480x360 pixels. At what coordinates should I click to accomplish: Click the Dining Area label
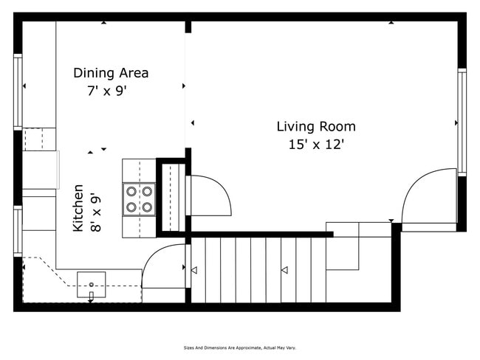pyautogui.click(x=111, y=73)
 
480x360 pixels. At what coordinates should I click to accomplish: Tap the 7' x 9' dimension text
pyautogui.click(x=108, y=91)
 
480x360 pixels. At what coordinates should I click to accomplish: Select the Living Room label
pyautogui.click(x=316, y=127)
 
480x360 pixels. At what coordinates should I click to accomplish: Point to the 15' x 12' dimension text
pyautogui.click(x=316, y=145)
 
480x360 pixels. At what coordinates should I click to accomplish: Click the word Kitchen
pyautogui.click(x=78, y=209)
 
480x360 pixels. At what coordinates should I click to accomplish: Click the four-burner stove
pyautogui.click(x=139, y=198)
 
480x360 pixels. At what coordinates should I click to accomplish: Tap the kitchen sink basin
pyautogui.click(x=91, y=280)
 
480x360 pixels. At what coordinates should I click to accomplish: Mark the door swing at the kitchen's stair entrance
pyautogui.click(x=164, y=266)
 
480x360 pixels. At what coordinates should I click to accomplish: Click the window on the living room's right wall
pyautogui.click(x=462, y=122)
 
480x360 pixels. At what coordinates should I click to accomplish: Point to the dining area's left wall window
pyautogui.click(x=18, y=91)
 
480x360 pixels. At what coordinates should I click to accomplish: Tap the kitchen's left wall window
pyautogui.click(x=18, y=230)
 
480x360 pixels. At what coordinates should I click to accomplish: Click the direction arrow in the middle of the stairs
pyautogui.click(x=284, y=271)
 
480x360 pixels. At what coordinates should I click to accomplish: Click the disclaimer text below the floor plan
pyautogui.click(x=240, y=347)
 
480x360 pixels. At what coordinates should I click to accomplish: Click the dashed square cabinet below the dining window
pyautogui.click(x=39, y=139)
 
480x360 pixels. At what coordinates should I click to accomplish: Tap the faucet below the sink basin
pyautogui.click(x=91, y=296)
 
